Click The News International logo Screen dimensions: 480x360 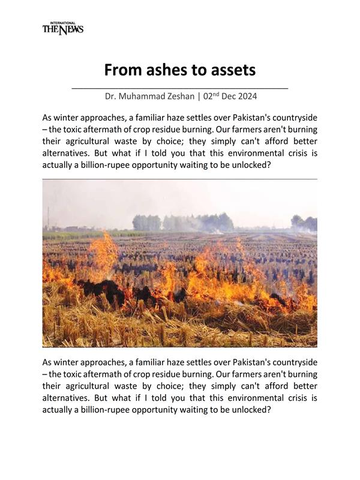tap(62, 28)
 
